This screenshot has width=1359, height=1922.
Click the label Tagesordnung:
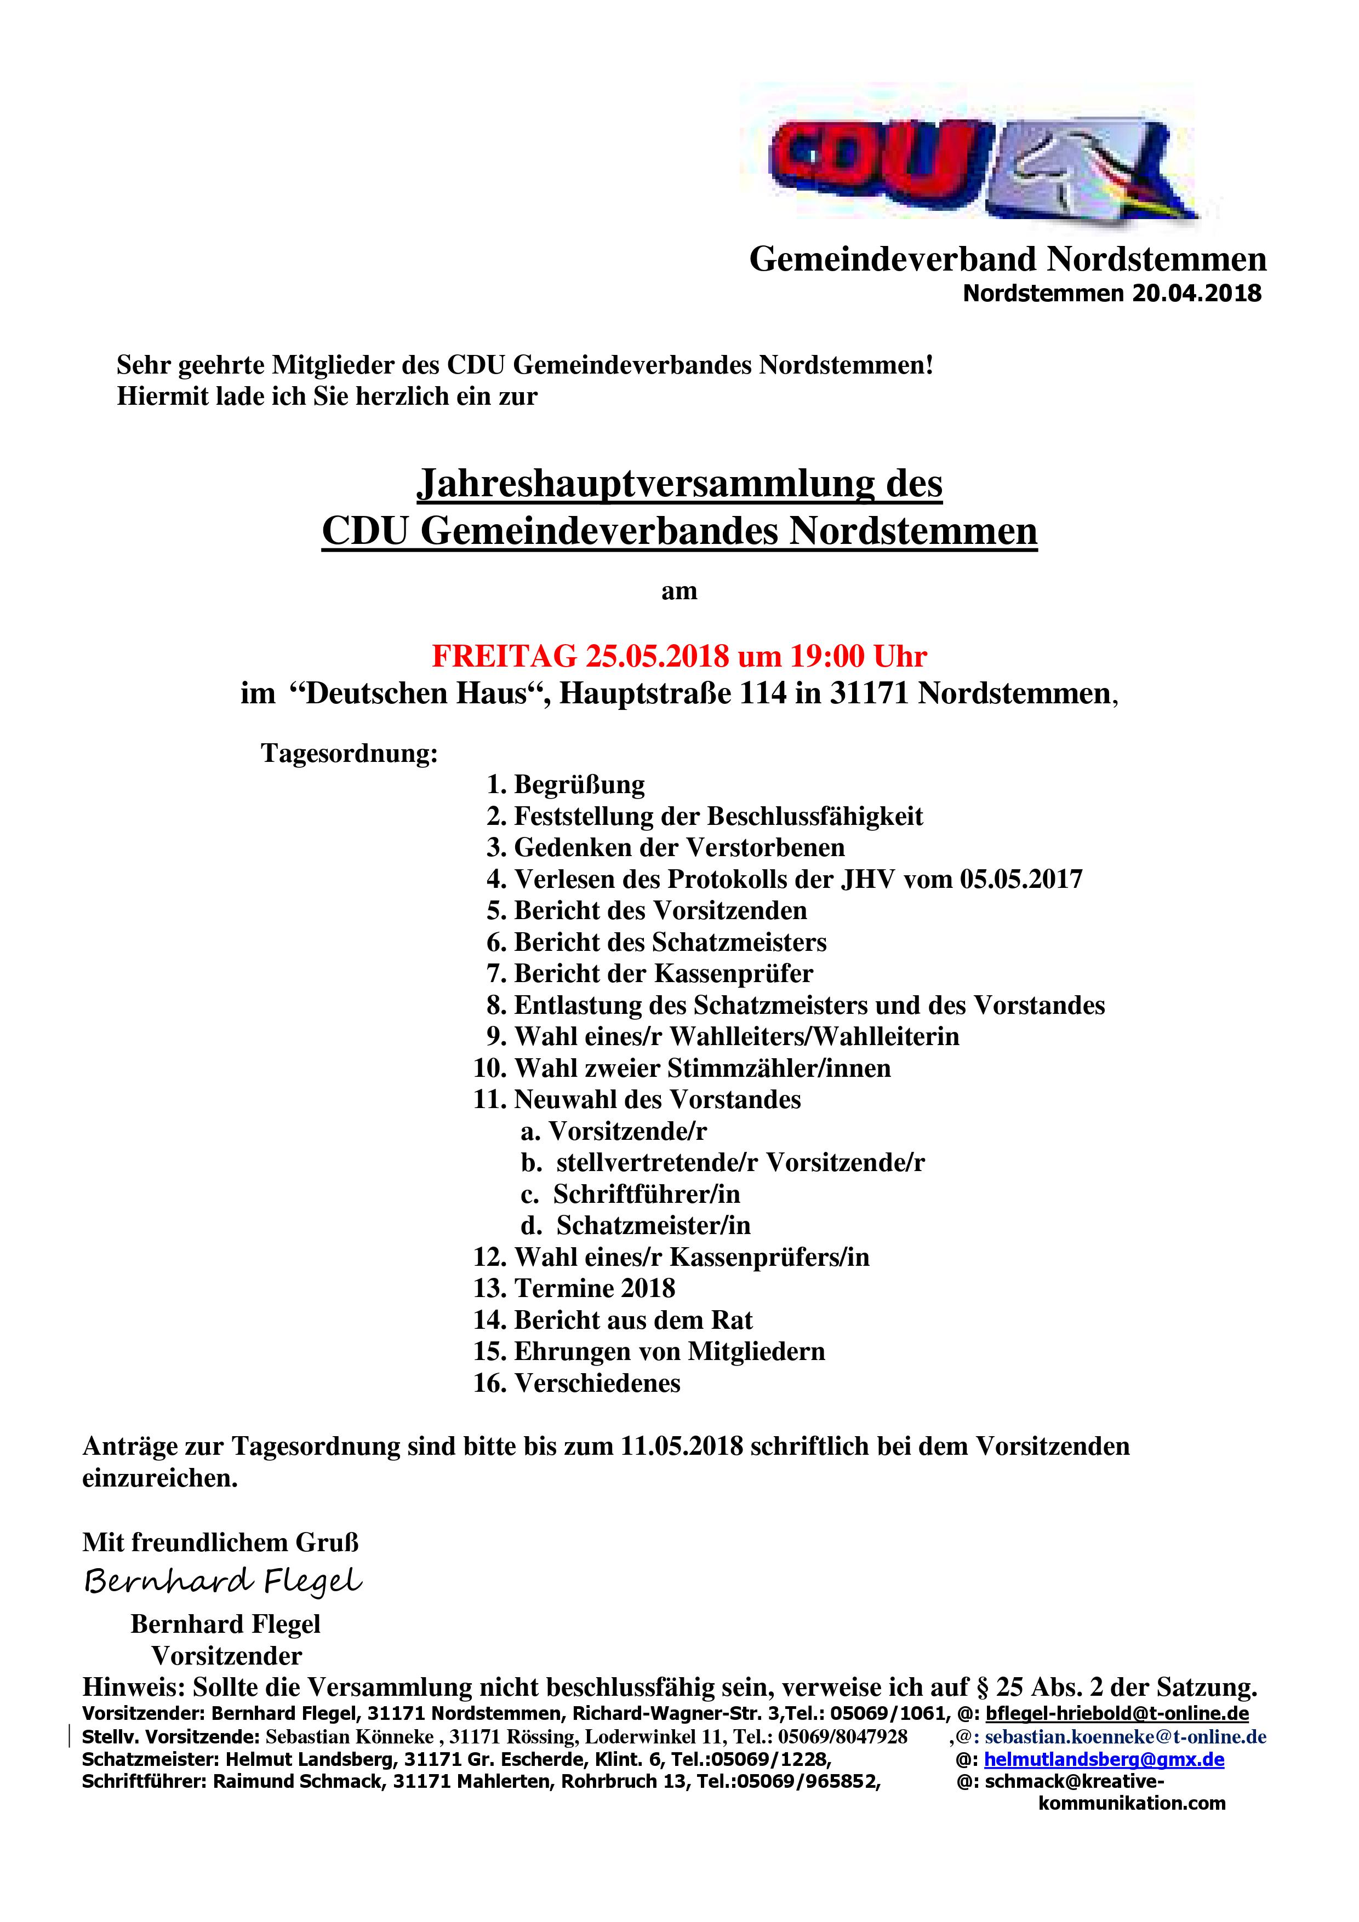point(349,753)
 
